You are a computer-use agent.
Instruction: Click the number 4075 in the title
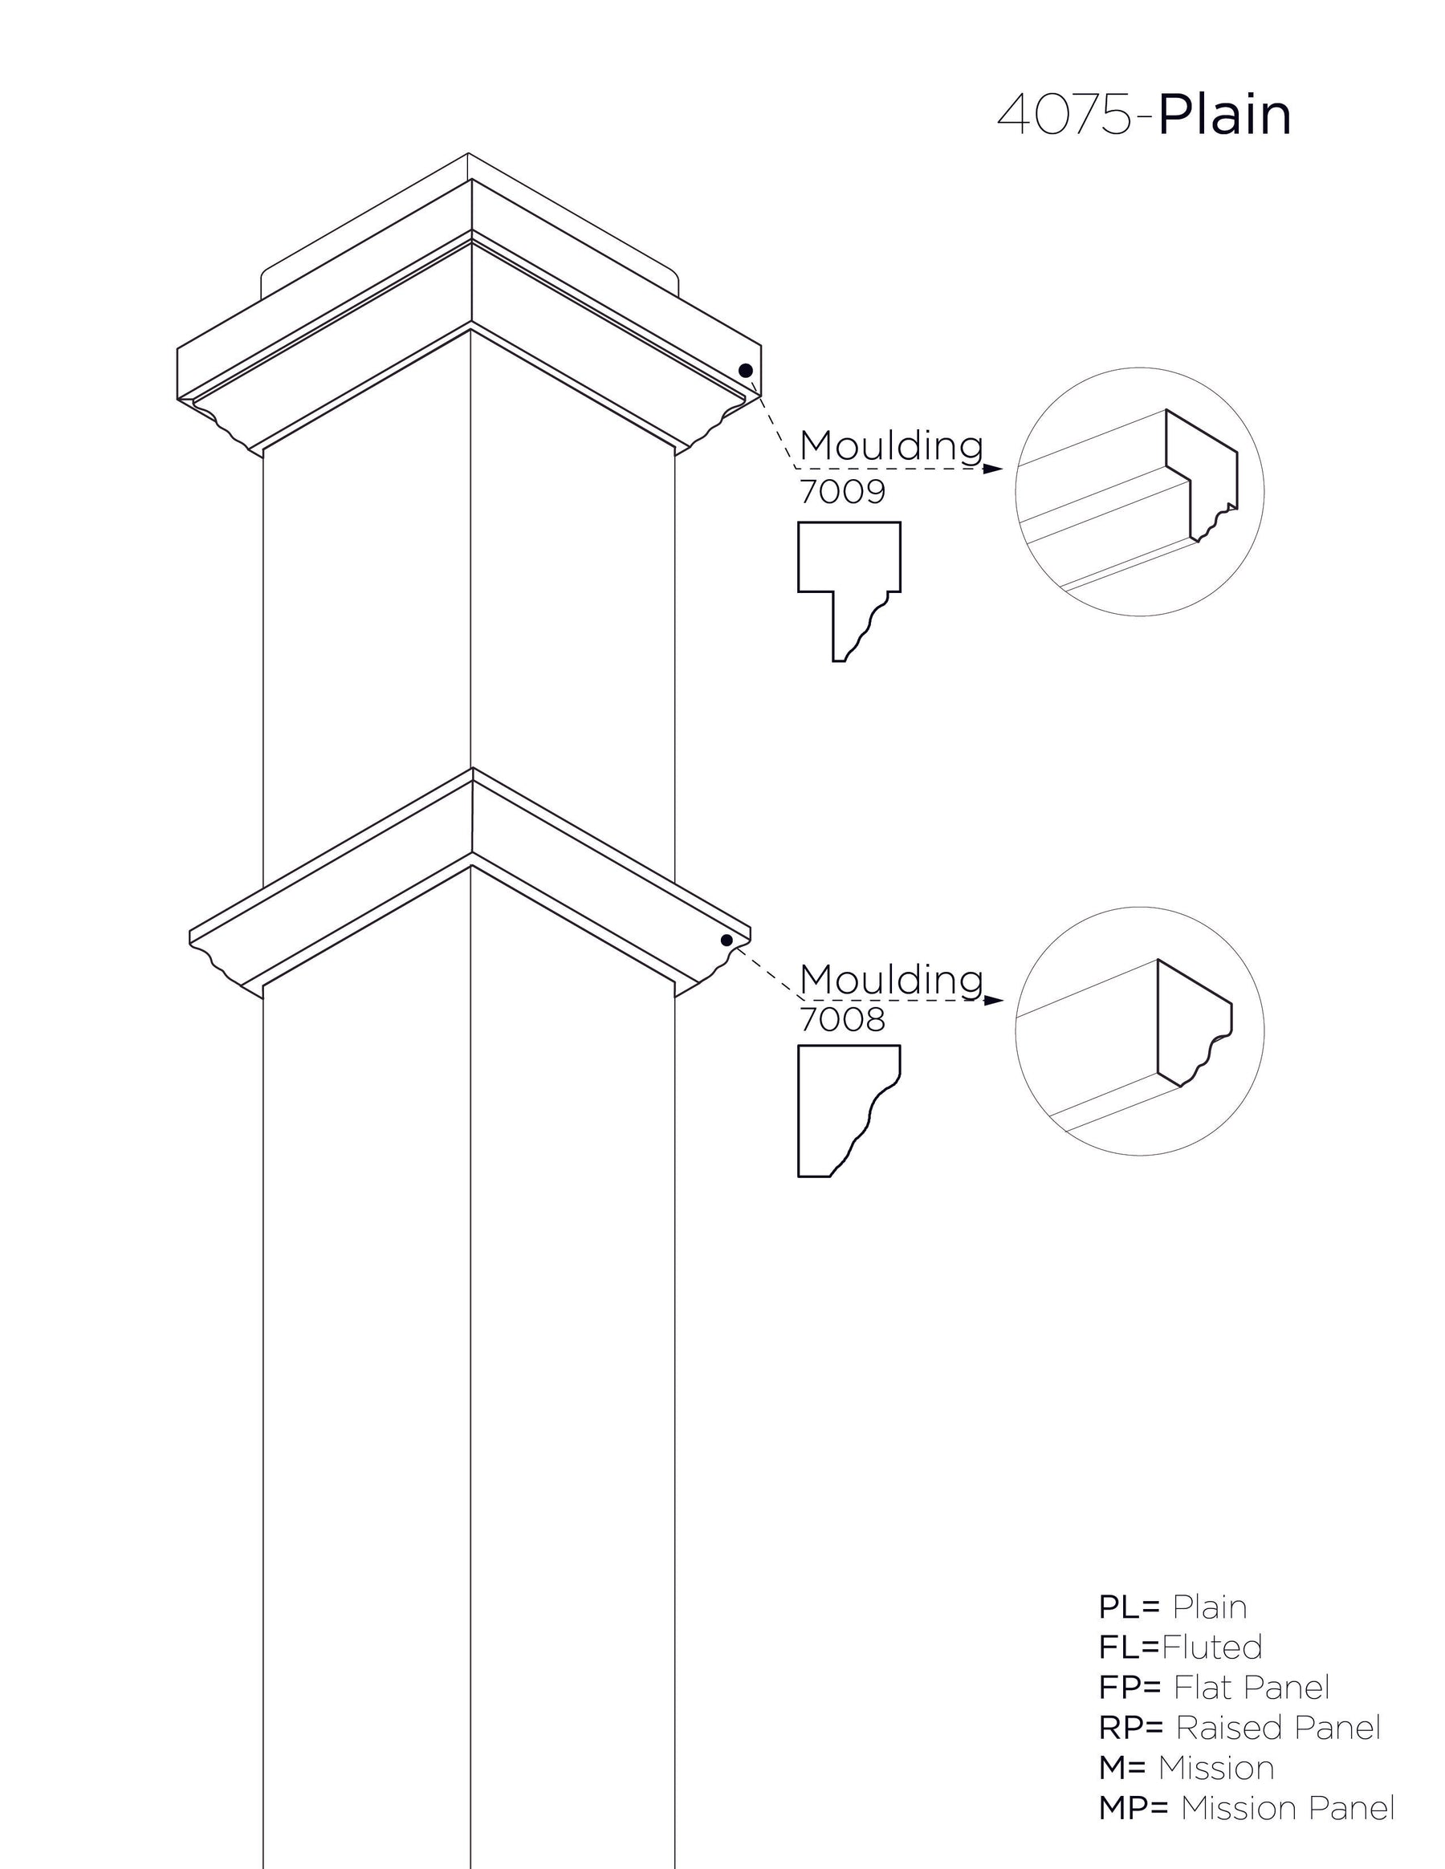1066,115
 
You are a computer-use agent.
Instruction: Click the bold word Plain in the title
1224,115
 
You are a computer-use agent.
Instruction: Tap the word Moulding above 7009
891,446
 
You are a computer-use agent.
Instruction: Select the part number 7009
842,492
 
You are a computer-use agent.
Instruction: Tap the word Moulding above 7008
891,979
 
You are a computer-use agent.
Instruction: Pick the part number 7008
842,1019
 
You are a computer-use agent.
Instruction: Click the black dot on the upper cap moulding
746,371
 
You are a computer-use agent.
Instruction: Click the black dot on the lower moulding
727,940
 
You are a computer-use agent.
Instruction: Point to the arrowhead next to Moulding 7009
993,469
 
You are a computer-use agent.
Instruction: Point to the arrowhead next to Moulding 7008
993,1001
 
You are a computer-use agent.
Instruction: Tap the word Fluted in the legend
1211,1648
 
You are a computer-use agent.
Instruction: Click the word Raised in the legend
1228,1728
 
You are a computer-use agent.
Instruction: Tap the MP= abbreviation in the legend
1134,1808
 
